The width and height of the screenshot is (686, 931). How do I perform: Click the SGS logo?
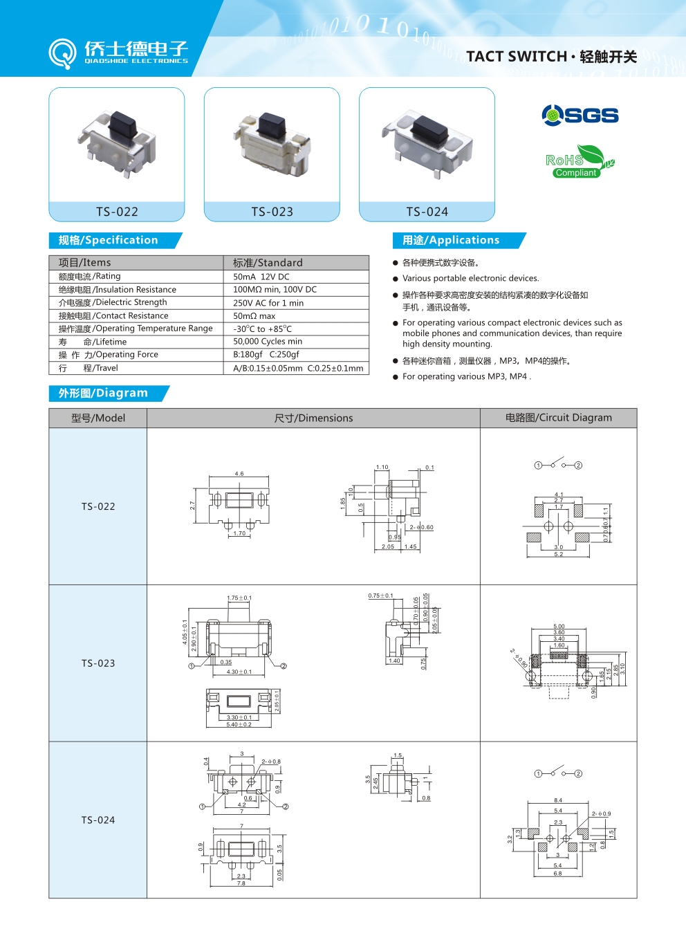coord(580,115)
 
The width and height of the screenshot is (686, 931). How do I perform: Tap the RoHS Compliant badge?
coord(578,163)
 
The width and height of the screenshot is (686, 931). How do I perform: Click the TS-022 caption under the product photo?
coord(117,212)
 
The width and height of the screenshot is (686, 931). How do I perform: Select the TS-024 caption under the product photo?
coord(427,212)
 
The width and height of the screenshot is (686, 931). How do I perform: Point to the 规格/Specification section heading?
coord(109,240)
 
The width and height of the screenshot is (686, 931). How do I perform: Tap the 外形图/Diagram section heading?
coord(103,393)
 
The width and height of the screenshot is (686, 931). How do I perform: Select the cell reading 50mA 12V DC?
coord(261,277)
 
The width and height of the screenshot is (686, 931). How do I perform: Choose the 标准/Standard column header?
coord(268,263)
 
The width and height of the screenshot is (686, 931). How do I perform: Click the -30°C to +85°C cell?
coord(262,329)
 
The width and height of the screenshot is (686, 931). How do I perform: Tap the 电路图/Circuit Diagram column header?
coord(558,418)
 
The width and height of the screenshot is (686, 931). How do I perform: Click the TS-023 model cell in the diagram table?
coord(98,663)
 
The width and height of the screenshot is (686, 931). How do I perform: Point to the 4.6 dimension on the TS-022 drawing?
coord(239,474)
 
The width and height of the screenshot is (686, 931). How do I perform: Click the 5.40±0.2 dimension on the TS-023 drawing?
coord(239,725)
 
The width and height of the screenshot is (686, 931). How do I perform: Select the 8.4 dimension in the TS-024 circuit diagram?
coord(558,800)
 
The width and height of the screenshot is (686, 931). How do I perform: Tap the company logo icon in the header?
coord(62,53)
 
